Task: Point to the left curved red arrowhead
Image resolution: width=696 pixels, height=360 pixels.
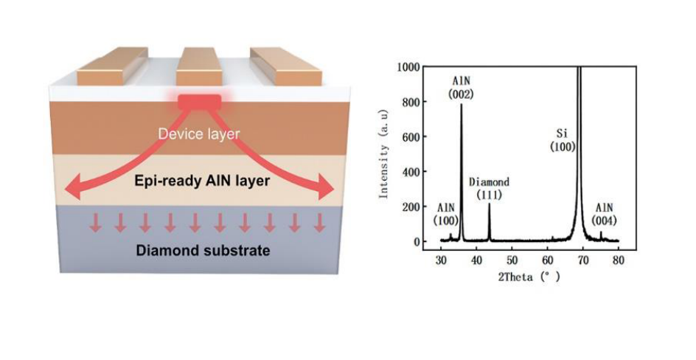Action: [x=72, y=191]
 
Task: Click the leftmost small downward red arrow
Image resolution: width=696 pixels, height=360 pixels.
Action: [x=94, y=222]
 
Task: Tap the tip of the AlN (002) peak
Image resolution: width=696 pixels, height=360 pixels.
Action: [x=462, y=104]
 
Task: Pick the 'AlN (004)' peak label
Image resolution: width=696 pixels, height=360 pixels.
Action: [x=604, y=214]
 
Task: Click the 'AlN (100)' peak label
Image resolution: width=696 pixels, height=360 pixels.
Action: [x=446, y=214]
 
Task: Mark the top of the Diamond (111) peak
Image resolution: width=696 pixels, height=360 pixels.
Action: [x=489, y=204]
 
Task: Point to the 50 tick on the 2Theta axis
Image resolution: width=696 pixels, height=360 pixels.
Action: [x=512, y=261]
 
